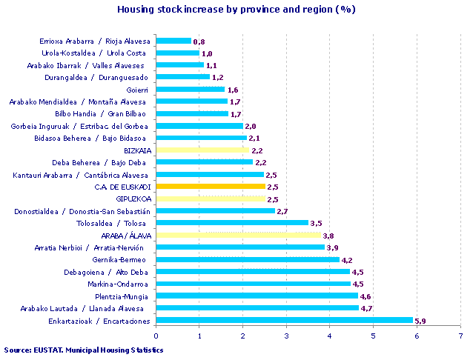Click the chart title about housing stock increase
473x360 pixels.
[x=236, y=10]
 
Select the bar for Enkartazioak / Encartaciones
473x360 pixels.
[x=285, y=321]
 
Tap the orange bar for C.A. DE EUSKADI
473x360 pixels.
[x=211, y=187]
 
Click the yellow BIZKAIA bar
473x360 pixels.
[x=203, y=150]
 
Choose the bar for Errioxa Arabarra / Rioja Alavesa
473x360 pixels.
[x=173, y=41]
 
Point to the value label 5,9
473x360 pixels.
[x=420, y=321]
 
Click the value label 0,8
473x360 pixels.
[x=198, y=41]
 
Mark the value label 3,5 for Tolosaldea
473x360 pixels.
[x=316, y=223]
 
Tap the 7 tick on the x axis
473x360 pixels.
[x=460, y=336]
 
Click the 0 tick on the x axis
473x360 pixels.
[x=156, y=336]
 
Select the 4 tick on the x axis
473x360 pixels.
[x=330, y=336]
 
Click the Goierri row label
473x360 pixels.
[x=137, y=90]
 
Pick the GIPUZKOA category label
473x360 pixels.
[x=133, y=199]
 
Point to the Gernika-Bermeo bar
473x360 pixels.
[x=248, y=260]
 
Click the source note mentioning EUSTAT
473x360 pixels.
[x=83, y=350]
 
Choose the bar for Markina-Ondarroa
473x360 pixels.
[x=254, y=284]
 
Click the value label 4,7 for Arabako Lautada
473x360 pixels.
[x=366, y=308]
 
